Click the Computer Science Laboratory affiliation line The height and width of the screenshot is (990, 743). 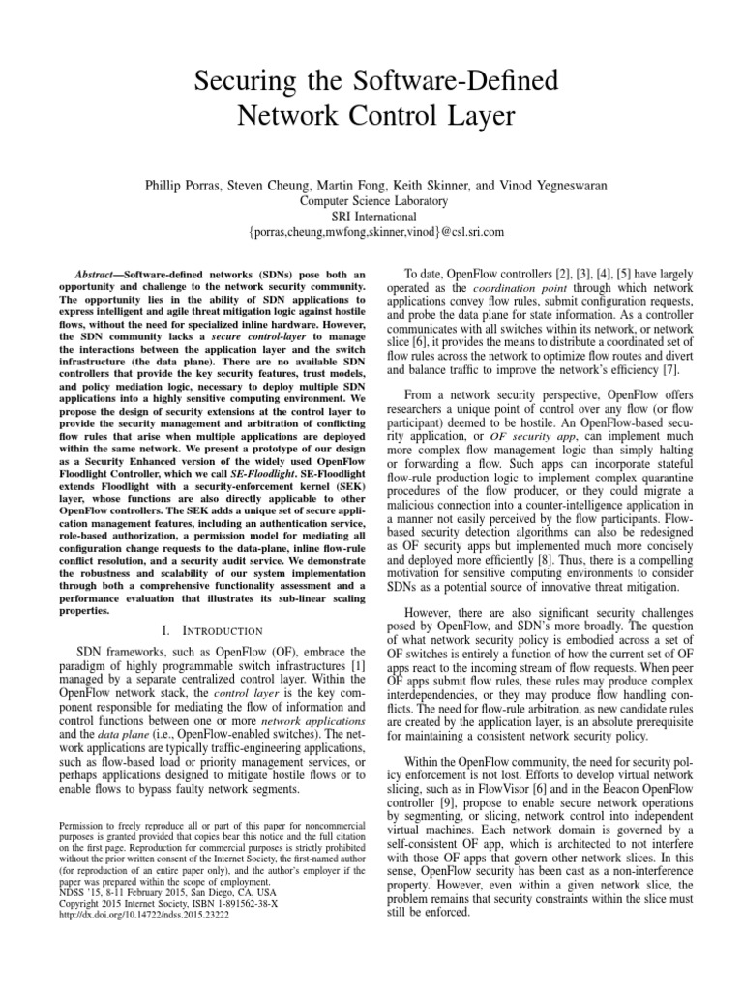coord(371,200)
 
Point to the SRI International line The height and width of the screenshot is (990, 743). coord(371,217)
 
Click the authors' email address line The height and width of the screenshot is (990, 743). coord(371,233)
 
